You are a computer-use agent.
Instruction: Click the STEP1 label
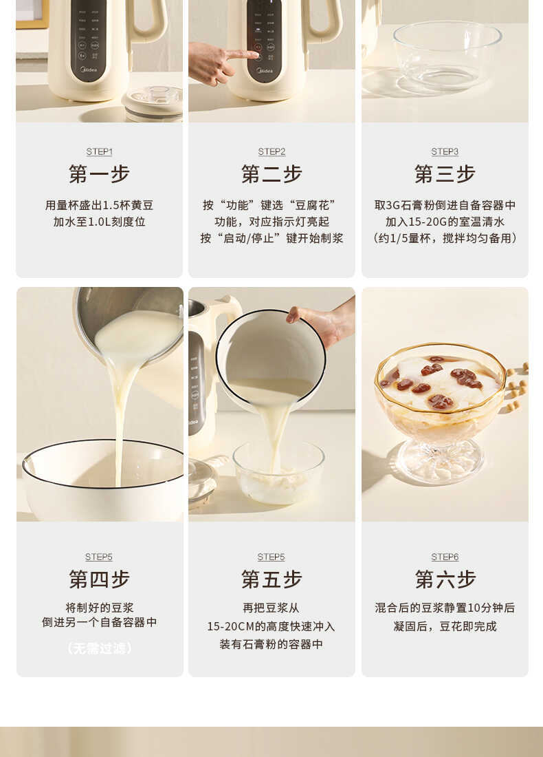99,151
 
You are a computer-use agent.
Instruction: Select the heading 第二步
271,174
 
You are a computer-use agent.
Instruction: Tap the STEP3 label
445,151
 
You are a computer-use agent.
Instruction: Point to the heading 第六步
445,579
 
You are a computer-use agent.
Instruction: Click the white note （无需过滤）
99,648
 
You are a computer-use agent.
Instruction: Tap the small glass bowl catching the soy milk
278,471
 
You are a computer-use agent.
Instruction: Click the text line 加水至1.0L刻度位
99,222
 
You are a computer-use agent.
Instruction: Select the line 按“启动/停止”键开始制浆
271,238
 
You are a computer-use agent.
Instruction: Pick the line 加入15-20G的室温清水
445,222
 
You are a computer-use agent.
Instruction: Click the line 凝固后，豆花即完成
445,626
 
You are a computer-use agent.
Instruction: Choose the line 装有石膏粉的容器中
271,644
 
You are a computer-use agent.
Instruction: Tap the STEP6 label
445,557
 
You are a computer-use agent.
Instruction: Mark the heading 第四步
99,579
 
